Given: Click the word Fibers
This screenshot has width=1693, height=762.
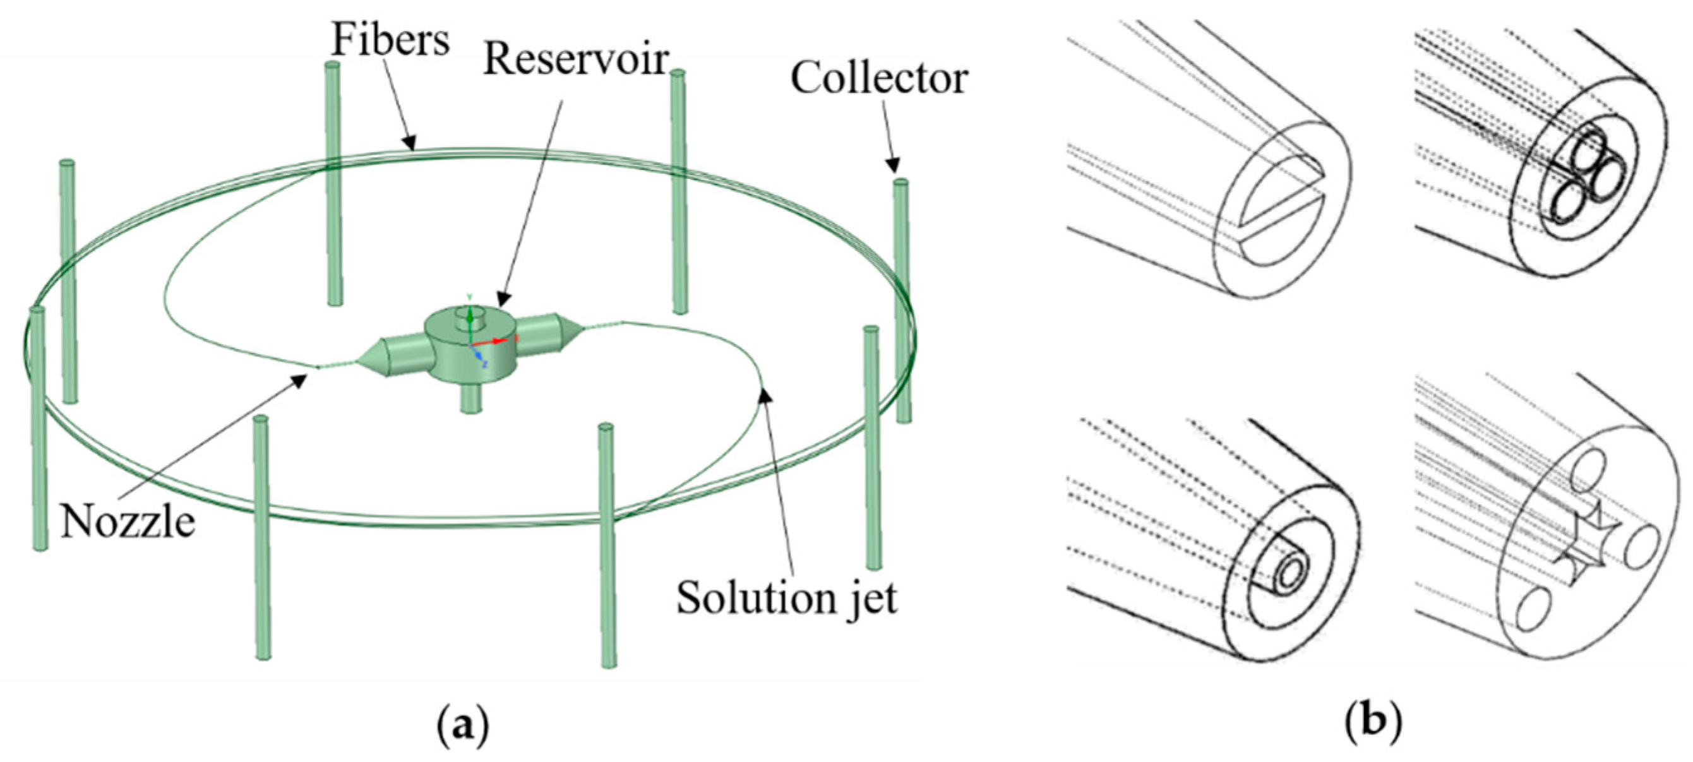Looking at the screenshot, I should pyautogui.click(x=390, y=39).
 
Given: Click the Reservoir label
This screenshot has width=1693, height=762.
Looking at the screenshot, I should pyautogui.click(x=575, y=61).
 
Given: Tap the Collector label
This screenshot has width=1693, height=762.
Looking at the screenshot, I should pyautogui.click(x=878, y=79).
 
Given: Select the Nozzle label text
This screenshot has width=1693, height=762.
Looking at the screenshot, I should pyautogui.click(x=128, y=523).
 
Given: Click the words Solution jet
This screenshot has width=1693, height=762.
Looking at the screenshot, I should pyautogui.click(x=787, y=598).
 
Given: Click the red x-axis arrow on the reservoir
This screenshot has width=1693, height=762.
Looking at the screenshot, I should pyautogui.click(x=498, y=340).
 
